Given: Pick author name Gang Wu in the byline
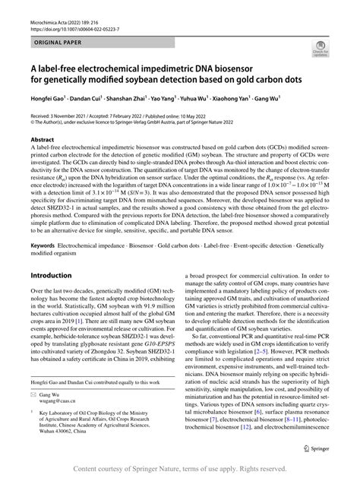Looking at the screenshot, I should coord(267,100).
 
